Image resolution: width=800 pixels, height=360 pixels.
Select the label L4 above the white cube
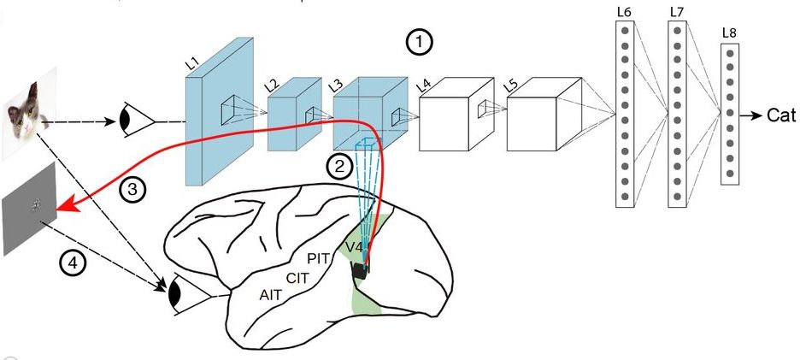click(423, 85)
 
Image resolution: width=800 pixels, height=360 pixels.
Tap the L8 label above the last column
click(730, 33)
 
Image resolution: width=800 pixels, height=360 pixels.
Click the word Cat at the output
click(780, 115)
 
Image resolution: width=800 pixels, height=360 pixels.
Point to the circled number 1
click(419, 41)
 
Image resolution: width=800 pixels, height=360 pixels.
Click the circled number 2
click(340, 167)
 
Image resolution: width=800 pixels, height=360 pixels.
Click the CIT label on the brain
click(296, 277)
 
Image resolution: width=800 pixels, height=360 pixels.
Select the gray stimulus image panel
click(30, 210)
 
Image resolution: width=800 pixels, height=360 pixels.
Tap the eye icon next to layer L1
click(135, 121)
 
